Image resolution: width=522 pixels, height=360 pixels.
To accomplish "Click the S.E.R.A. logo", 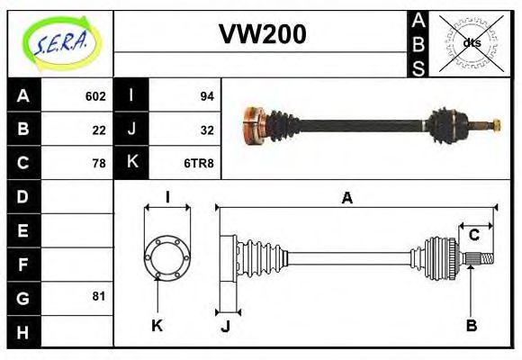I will click(59, 40).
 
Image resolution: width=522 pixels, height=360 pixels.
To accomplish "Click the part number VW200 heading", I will click(262, 34).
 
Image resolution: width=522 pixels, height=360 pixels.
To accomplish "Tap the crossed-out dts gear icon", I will click(470, 42).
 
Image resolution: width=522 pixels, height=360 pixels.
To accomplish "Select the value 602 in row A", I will click(95, 96).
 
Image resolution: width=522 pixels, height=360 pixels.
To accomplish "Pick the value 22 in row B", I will click(99, 130).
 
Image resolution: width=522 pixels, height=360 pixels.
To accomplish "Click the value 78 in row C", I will click(99, 163).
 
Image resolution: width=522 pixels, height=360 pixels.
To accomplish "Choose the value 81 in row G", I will click(99, 296).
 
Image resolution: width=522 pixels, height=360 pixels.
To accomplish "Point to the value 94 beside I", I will click(206, 96).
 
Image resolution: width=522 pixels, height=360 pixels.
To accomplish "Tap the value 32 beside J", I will click(206, 130).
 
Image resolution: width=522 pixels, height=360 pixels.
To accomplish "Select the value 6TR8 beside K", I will click(199, 163).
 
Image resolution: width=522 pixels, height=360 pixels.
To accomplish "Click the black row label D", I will click(23, 196).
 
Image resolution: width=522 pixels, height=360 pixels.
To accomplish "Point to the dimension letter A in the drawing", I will click(346, 199).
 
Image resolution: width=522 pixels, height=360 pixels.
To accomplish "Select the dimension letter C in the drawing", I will click(473, 236).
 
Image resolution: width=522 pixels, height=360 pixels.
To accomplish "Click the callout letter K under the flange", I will click(157, 325).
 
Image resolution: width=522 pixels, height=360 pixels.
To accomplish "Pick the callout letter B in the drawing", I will click(471, 325).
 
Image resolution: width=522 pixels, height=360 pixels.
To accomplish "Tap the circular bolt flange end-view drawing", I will click(166, 256).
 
